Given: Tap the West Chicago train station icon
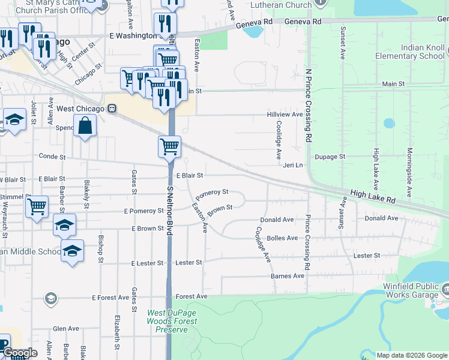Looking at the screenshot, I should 112,109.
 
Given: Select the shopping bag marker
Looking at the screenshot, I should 85,126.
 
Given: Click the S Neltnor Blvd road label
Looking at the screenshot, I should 170,212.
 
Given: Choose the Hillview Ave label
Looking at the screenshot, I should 285,114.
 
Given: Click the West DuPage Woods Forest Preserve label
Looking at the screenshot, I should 171,321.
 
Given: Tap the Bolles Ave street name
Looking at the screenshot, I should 282,238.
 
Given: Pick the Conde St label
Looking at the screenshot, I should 52,156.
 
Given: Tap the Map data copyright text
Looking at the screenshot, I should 412,355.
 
